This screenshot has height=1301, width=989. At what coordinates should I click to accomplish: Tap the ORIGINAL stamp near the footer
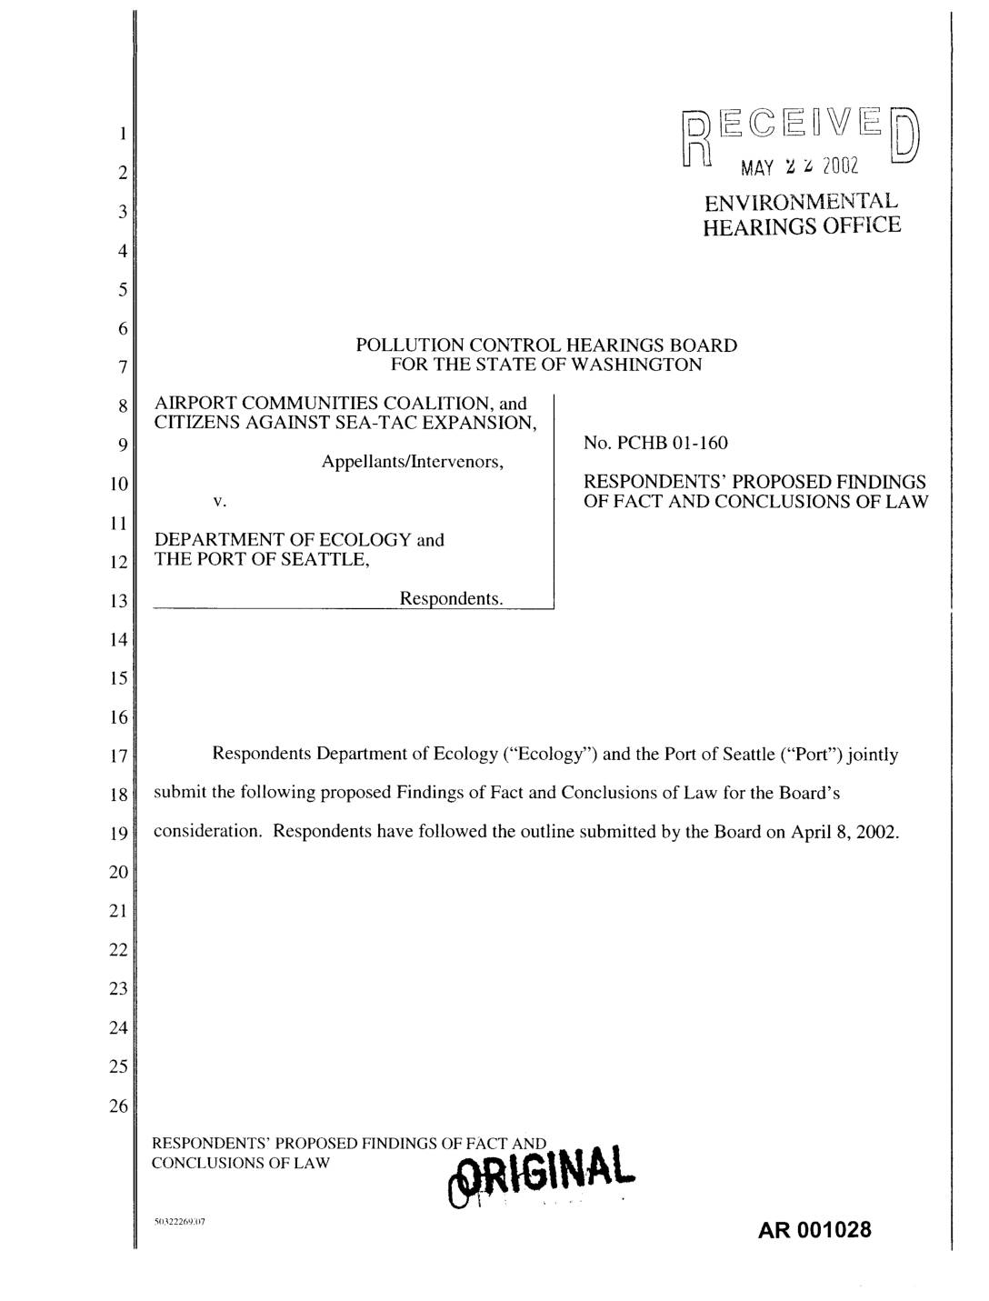[544, 1178]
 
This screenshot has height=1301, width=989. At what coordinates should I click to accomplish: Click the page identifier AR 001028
[815, 1230]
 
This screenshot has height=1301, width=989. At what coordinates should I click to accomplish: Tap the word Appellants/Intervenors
[413, 462]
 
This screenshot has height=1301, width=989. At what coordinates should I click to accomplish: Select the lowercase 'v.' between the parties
[219, 501]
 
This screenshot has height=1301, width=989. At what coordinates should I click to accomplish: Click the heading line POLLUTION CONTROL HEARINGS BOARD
[546, 345]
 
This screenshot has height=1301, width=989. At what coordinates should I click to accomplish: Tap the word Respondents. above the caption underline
[452, 599]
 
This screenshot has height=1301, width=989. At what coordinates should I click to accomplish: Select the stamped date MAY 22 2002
[799, 168]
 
